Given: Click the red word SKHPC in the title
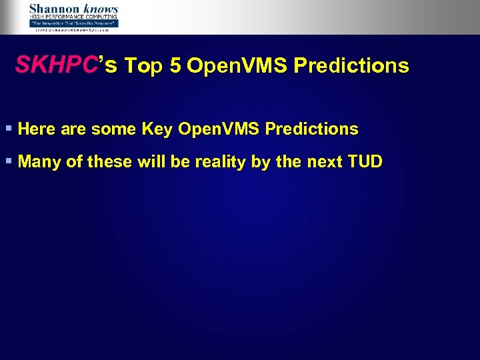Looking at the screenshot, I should pos(57,65).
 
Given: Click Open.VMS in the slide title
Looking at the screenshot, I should pos(237,66).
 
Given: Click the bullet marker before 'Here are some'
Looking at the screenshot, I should pos(8,129).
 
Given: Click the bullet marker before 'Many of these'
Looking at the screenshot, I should pos(8,161).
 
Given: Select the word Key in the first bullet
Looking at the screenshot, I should pos(157,129).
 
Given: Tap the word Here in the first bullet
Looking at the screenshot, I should pos(37,129).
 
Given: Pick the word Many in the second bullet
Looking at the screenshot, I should pos(39,162).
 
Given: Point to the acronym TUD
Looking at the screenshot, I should pos(365,162).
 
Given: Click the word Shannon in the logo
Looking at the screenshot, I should pos(54,9).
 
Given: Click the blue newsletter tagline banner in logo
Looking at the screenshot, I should pos(73,23).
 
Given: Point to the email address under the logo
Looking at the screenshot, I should pos(73,30).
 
